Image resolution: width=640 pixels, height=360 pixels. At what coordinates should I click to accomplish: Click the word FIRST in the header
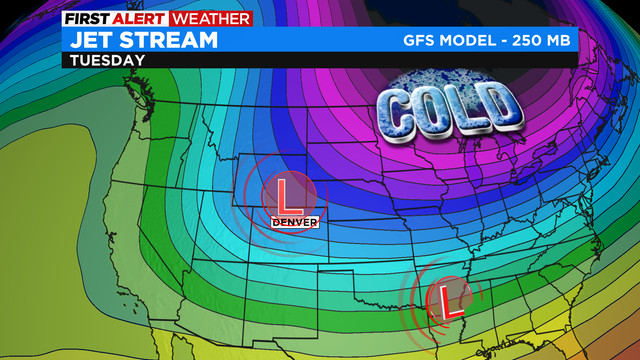87,18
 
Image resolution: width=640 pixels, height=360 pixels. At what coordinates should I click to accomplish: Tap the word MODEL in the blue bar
474,41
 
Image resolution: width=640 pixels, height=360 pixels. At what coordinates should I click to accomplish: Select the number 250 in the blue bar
531,41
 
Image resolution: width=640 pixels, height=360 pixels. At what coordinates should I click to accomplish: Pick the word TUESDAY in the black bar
106,60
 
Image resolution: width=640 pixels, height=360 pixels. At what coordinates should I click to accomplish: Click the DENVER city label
295,220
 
